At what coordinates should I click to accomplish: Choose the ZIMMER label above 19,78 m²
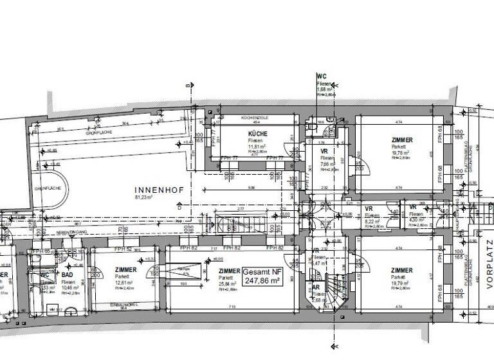point(401,139)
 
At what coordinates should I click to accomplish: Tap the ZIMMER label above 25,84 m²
point(229,271)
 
